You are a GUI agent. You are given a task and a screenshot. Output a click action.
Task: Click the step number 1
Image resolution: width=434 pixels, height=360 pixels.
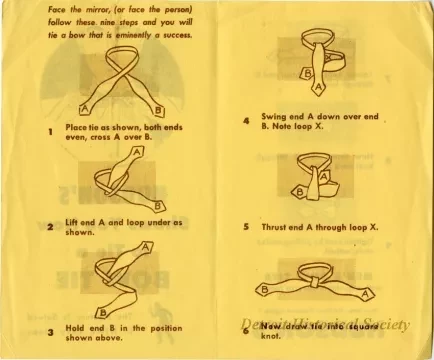[50, 131]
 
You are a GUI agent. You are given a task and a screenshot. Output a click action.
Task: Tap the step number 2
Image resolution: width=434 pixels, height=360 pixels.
[50, 227]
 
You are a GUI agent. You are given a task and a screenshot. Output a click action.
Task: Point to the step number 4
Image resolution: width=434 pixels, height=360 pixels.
[246, 121]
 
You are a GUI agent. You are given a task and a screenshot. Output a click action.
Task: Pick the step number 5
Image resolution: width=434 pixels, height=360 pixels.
[246, 227]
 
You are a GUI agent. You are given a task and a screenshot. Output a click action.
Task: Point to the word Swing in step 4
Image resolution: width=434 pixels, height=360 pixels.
[274, 116]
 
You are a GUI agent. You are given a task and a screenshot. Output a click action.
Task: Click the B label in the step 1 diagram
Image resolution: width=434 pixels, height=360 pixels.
[158, 108]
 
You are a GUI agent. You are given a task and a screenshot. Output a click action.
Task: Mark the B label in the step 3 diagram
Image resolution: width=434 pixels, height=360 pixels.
[100, 313]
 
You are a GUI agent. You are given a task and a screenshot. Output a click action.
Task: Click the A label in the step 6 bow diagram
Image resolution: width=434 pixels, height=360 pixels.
[368, 293]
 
